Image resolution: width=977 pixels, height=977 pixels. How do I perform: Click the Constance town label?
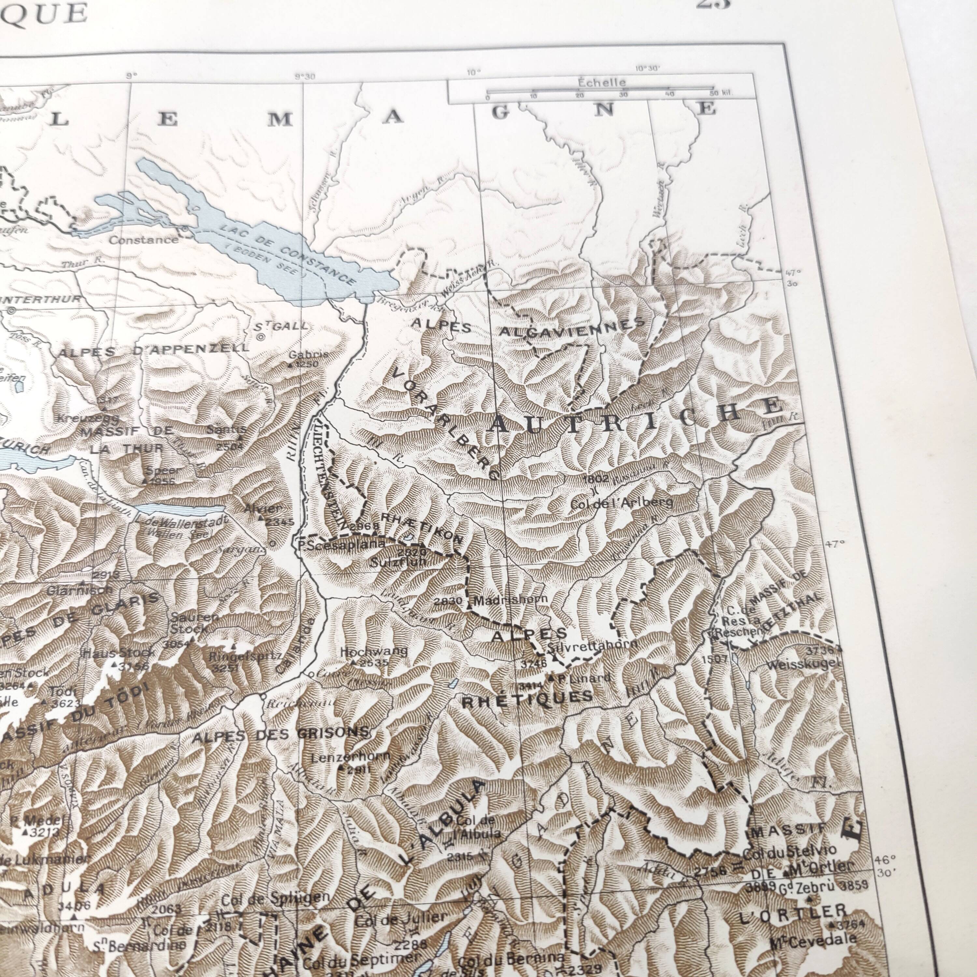pyautogui.click(x=144, y=240)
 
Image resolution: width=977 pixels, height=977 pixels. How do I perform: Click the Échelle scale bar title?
pyautogui.click(x=602, y=82)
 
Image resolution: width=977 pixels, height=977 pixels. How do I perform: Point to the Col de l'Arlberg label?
pyautogui.click(x=621, y=503)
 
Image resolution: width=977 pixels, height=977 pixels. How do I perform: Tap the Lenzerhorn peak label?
pyautogui.click(x=350, y=757)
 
